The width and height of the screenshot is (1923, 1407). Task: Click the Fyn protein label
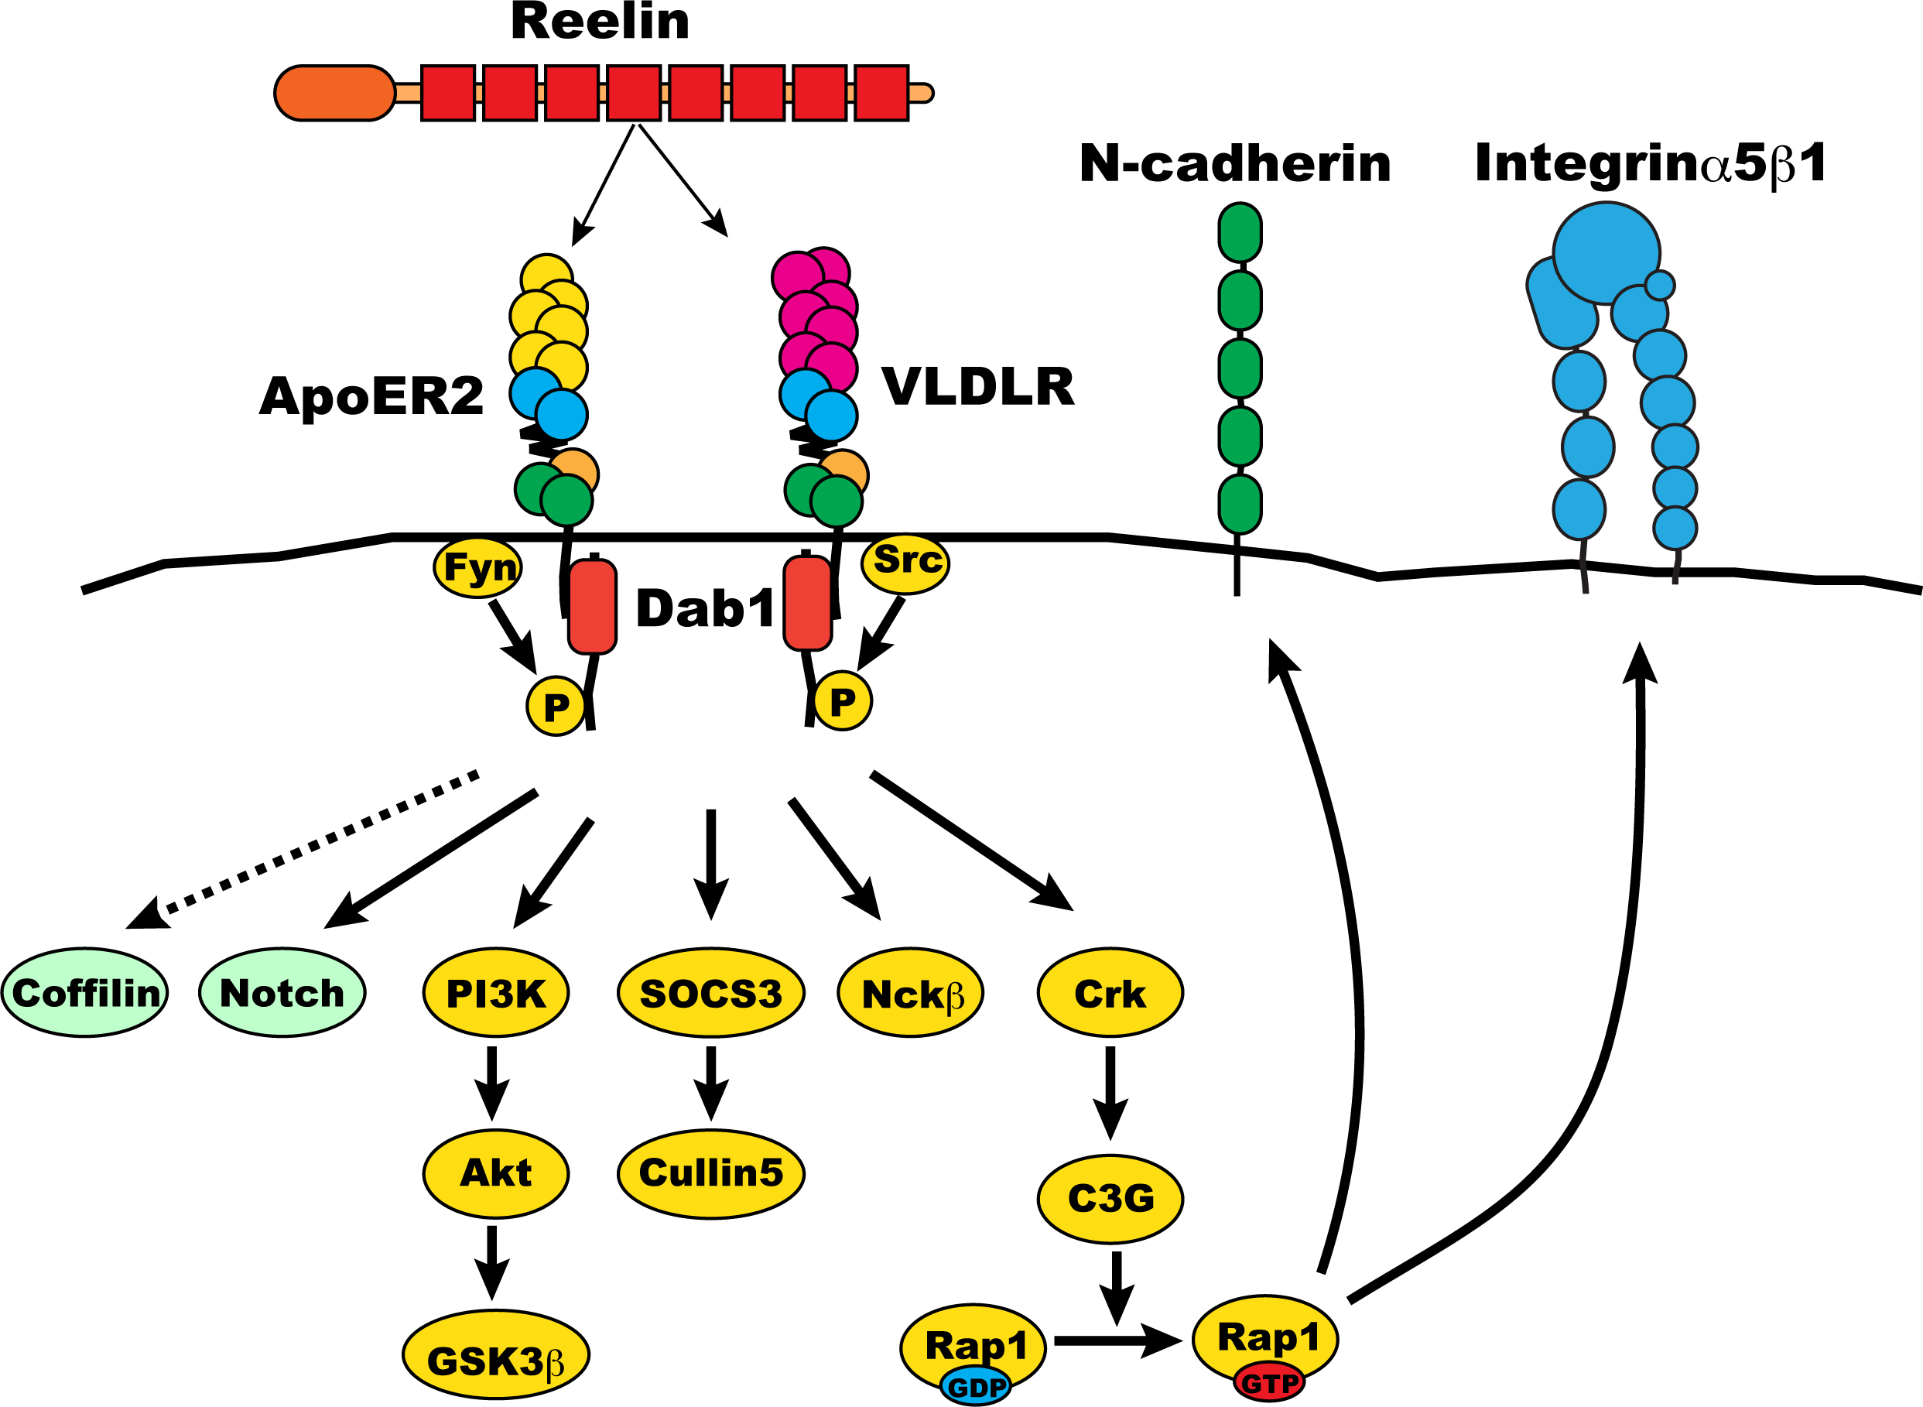tap(477, 567)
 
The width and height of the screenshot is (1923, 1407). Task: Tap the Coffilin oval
tap(84, 993)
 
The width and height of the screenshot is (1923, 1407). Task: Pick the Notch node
tap(282, 993)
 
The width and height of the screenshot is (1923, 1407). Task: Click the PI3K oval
tap(496, 993)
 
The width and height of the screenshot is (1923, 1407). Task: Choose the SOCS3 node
tap(711, 993)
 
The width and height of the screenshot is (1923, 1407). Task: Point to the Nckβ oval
tap(910, 993)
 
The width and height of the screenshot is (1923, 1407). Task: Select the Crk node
tap(1110, 993)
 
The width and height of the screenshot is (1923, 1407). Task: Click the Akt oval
tap(496, 1173)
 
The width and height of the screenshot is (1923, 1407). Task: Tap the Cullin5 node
tap(711, 1173)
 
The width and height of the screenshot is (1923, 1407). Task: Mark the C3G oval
tap(1110, 1199)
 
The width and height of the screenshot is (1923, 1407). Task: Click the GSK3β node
tap(496, 1354)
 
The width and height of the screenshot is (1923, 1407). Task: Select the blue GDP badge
tap(976, 1388)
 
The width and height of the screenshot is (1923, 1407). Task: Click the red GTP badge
tap(1269, 1383)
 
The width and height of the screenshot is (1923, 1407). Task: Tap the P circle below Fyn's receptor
tap(556, 706)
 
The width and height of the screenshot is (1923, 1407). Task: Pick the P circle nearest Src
tap(842, 701)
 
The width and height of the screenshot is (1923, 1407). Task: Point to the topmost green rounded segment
tap(1240, 232)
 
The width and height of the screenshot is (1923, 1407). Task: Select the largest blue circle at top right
tap(1606, 253)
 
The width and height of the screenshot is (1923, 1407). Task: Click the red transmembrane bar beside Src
tap(807, 603)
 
